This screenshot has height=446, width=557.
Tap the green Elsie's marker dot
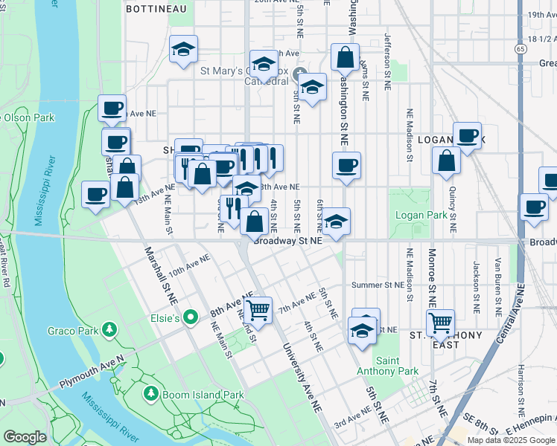click(191, 318)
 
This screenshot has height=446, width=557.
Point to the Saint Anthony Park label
click(397, 366)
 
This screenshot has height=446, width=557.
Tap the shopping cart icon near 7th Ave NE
click(258, 308)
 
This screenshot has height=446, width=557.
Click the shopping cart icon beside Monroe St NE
click(440, 322)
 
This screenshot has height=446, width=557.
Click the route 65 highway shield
click(521, 48)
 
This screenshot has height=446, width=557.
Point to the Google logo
click(25, 437)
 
